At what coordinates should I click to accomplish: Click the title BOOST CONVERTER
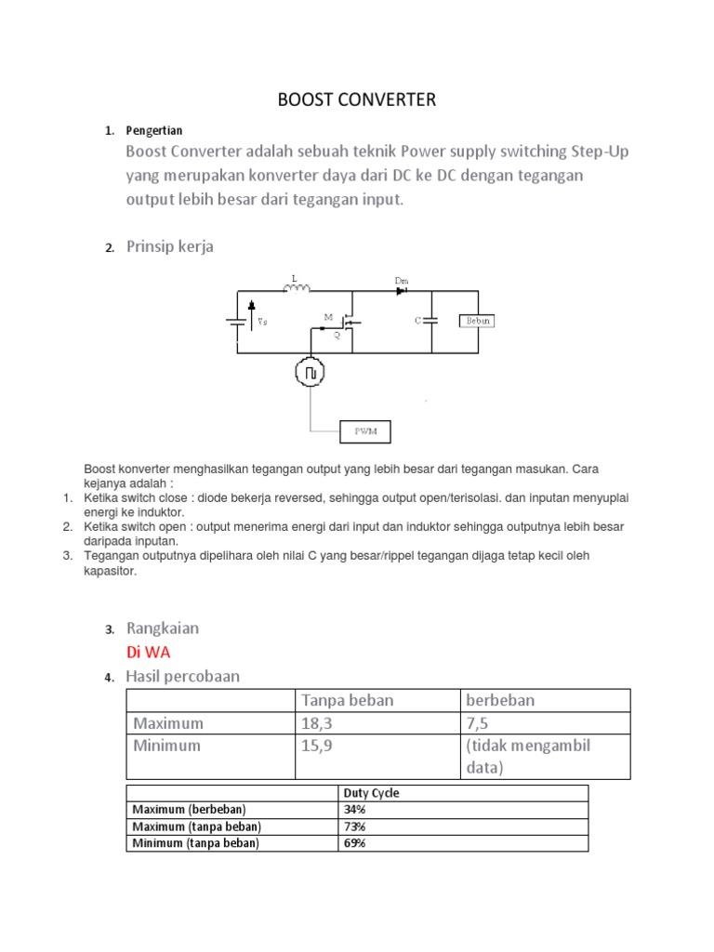357,99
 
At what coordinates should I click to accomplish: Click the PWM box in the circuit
364,431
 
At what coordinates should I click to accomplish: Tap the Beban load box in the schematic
477,321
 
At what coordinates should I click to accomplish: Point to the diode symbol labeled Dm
403,290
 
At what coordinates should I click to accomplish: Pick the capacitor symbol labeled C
430,321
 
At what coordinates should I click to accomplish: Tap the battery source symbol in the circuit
238,322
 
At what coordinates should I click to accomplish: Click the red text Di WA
149,652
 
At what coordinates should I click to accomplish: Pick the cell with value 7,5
477,722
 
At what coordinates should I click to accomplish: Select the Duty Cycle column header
372,793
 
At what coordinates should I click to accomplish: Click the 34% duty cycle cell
355,810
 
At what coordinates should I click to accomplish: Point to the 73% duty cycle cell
355,826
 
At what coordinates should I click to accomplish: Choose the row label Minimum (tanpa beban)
196,843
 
